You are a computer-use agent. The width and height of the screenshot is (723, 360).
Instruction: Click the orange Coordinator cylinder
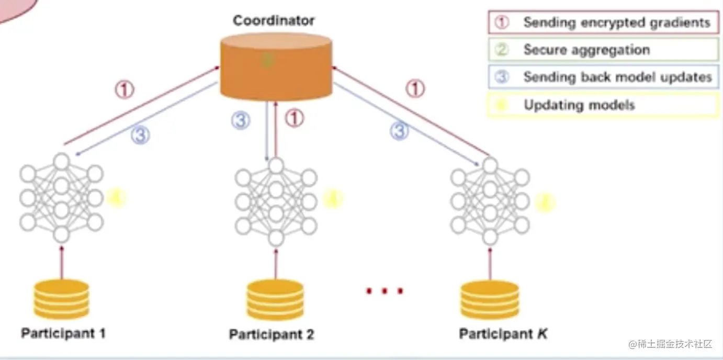[x=276, y=65]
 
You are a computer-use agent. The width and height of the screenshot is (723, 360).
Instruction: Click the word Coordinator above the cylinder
[x=274, y=21]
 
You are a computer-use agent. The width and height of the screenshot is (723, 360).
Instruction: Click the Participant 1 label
[x=63, y=333]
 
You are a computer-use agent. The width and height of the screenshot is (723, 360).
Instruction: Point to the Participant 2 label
[x=272, y=334]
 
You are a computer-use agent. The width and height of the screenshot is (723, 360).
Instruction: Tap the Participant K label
[x=503, y=334]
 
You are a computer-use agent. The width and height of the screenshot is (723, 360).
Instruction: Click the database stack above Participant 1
[x=61, y=299]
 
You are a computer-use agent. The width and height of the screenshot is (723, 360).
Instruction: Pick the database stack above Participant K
[x=490, y=300]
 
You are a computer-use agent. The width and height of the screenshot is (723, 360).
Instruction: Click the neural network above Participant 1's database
[x=61, y=198]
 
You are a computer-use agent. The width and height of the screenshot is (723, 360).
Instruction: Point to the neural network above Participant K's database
[x=490, y=201]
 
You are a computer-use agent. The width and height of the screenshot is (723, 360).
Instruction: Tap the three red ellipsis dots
[x=385, y=291]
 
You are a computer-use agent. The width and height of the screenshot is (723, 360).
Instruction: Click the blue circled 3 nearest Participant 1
[x=140, y=136]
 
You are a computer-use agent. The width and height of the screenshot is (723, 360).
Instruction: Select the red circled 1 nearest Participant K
[x=415, y=89]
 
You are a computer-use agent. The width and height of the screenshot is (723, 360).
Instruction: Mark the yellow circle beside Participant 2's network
[x=333, y=199]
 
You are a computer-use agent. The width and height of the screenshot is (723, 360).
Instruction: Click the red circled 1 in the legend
[x=502, y=22]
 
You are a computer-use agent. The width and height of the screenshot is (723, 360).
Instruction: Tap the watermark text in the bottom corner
[x=671, y=344]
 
